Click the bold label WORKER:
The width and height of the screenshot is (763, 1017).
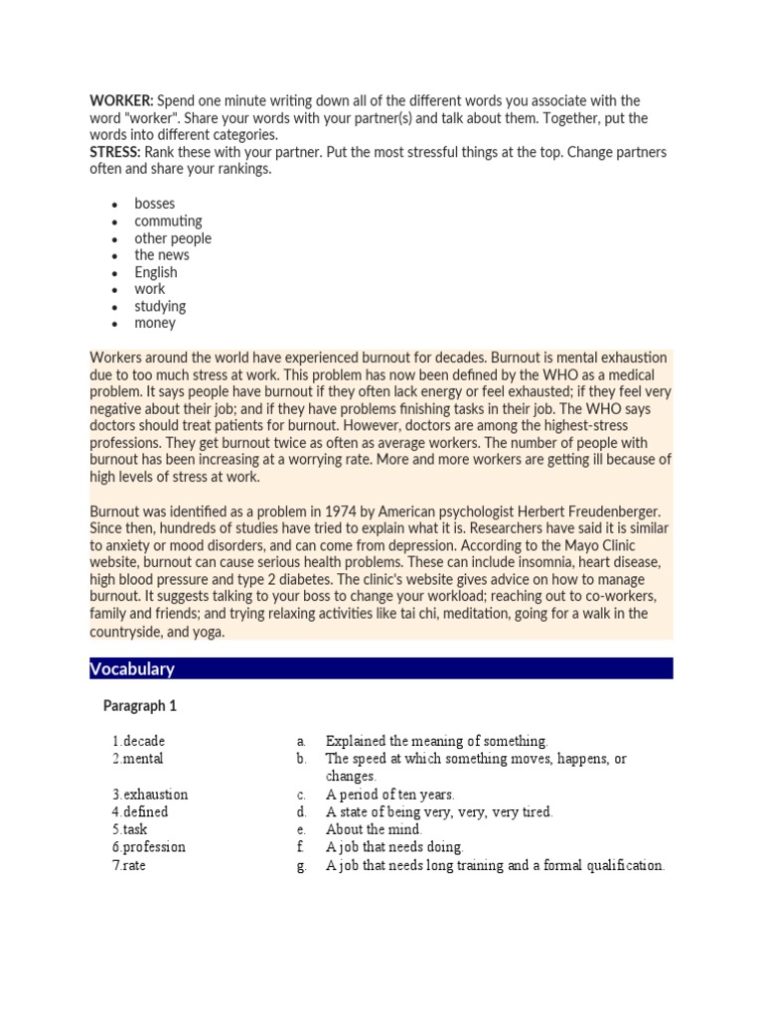pyautogui.click(x=121, y=101)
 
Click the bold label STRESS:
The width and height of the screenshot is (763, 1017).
pyautogui.click(x=115, y=152)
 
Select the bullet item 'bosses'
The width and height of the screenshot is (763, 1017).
pyautogui.click(x=154, y=204)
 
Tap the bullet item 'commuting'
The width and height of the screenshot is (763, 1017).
pyautogui.click(x=168, y=220)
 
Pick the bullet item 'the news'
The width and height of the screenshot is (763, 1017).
pyautogui.click(x=161, y=255)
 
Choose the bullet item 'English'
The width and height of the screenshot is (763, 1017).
pyautogui.click(x=156, y=272)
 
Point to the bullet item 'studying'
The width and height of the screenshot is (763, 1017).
pyautogui.click(x=160, y=306)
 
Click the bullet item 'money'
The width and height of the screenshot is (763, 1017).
pyautogui.click(x=155, y=323)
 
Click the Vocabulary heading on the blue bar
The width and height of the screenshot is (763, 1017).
pyautogui.click(x=132, y=668)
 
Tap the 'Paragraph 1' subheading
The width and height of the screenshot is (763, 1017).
pyautogui.click(x=139, y=706)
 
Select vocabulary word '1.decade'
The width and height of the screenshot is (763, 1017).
pyautogui.click(x=139, y=741)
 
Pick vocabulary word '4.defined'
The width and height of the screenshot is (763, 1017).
pyautogui.click(x=140, y=811)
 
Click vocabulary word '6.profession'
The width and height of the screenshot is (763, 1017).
pyautogui.click(x=149, y=847)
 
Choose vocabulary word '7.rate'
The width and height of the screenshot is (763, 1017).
pyautogui.click(x=129, y=865)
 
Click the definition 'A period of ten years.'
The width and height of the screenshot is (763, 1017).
pyautogui.click(x=389, y=795)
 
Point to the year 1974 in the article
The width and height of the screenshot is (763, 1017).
pyautogui.click(x=337, y=511)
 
